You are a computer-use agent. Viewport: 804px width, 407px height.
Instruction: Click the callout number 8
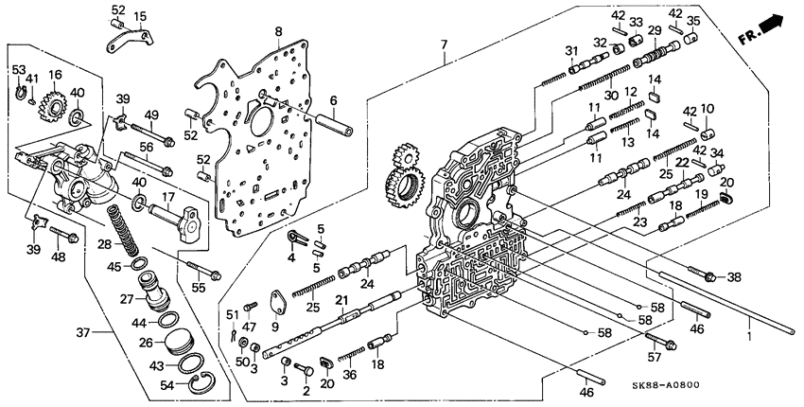coord(278,31)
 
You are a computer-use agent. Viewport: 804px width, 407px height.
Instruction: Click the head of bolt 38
coord(708,276)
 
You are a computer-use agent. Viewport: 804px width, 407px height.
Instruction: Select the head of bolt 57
coord(673,342)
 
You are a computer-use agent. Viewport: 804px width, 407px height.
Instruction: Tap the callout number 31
coord(570,50)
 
